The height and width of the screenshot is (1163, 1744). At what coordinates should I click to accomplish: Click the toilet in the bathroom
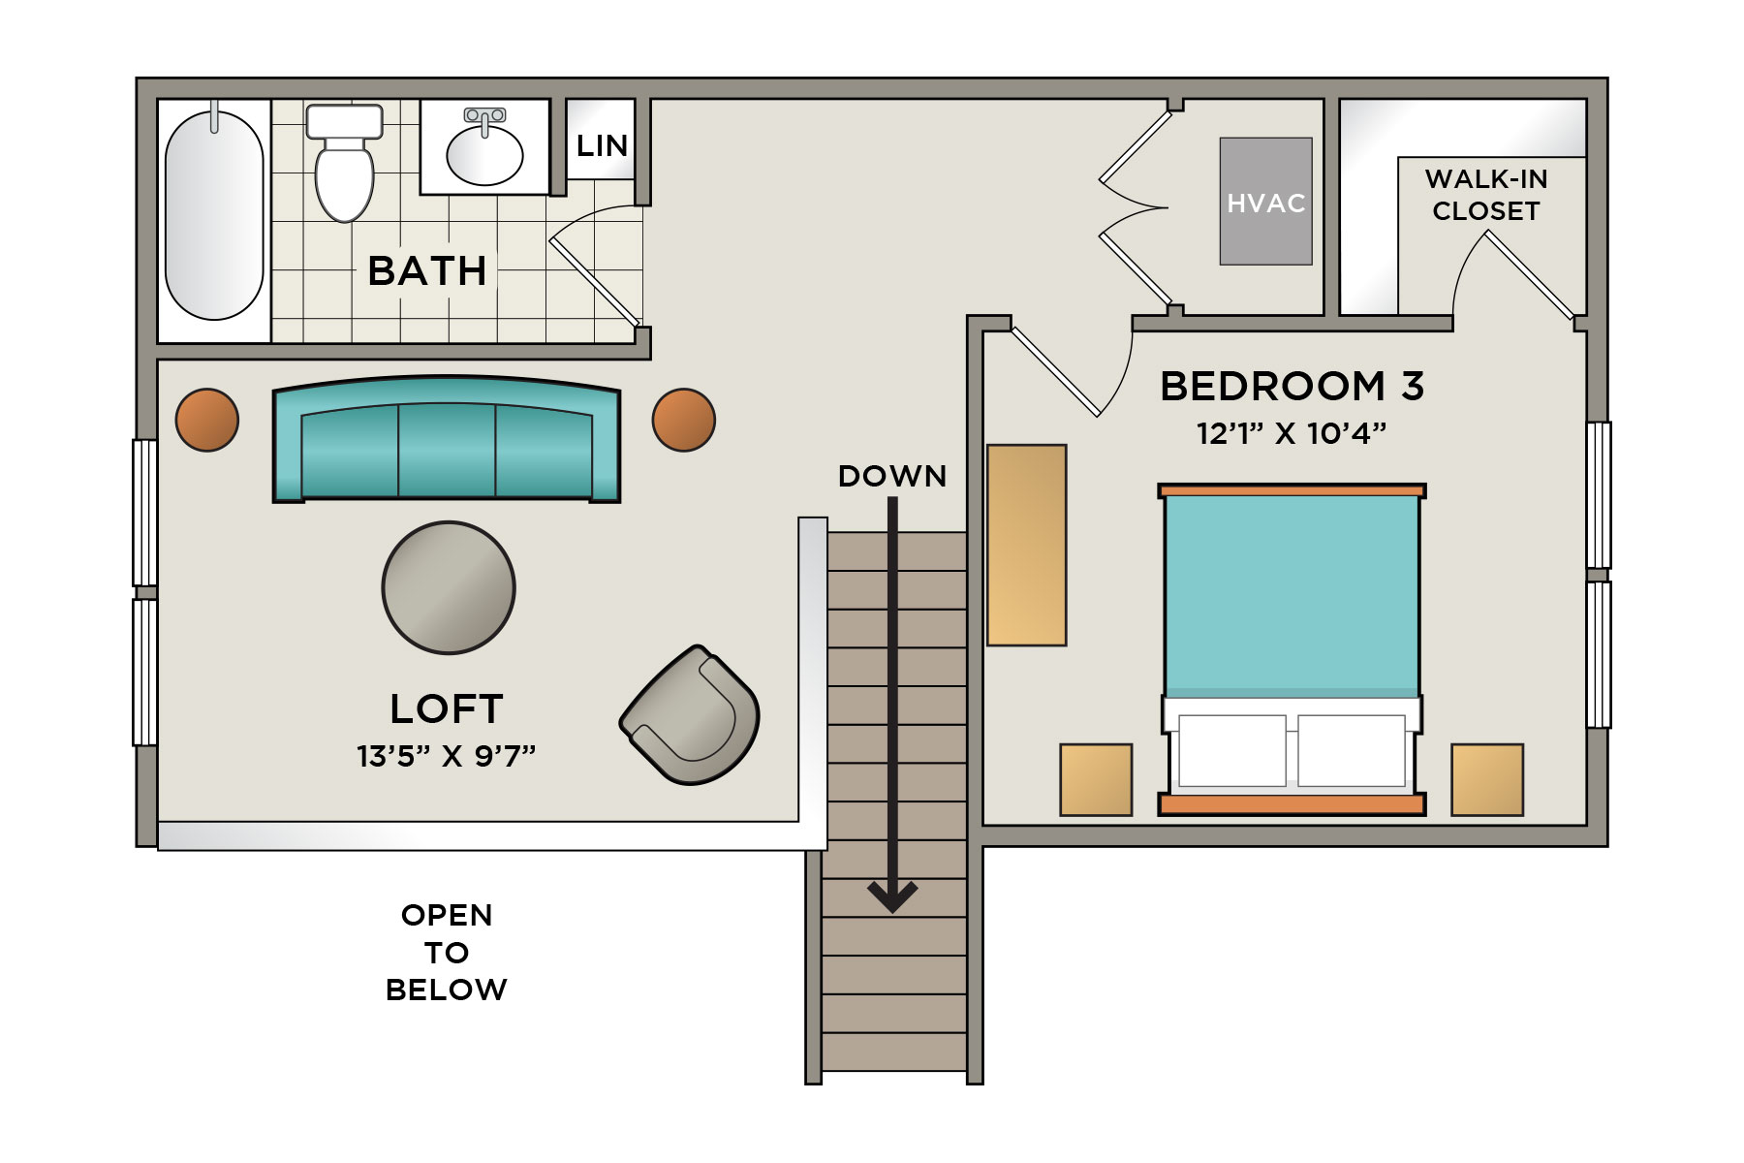pos(344,163)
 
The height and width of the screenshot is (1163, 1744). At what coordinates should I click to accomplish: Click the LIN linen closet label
pos(602,146)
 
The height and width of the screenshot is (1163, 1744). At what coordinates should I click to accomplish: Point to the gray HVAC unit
pos(1265,201)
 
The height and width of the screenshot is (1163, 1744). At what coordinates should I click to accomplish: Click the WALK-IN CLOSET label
pos(1486,195)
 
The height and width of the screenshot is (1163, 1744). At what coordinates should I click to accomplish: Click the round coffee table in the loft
pos(449,587)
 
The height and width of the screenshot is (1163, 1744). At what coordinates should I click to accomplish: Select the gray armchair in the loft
pos(690,714)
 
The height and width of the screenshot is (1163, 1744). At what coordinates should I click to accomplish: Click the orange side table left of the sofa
pos(207,420)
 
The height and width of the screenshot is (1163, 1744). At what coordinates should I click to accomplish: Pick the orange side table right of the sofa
pos(684,420)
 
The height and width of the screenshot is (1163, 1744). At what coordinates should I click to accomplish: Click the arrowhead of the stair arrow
pos(892,897)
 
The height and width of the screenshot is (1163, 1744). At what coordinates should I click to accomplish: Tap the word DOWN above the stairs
pos(892,476)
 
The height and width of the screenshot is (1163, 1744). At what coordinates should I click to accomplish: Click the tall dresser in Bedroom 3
pos(1027,545)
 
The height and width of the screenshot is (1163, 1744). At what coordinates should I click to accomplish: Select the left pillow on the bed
pos(1232,751)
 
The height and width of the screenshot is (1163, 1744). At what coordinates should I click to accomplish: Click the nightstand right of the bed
pos(1487,780)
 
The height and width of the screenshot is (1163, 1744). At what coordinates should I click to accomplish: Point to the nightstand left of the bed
pos(1096,780)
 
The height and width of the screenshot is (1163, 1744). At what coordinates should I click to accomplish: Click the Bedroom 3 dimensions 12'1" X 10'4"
pos(1292,433)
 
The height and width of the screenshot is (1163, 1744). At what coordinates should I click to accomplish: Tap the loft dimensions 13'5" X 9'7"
pos(447,756)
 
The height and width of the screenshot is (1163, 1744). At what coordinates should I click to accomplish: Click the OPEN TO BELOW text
pos(447,953)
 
